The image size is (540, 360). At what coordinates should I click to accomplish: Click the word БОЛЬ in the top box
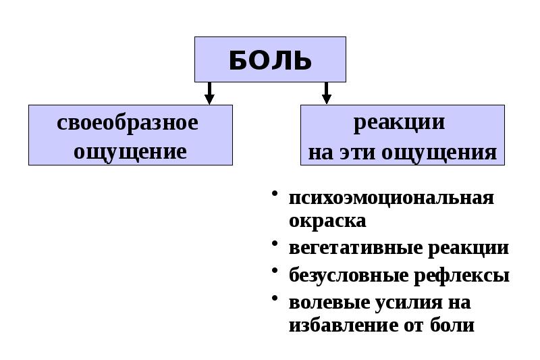click(x=270, y=60)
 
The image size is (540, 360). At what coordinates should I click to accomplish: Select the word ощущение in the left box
click(x=130, y=151)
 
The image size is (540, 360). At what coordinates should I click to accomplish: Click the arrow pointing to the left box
click(x=209, y=93)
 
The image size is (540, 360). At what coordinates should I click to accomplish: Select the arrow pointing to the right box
click(x=326, y=93)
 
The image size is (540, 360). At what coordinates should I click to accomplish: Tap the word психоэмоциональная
click(x=391, y=199)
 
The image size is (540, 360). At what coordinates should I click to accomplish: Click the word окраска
click(x=327, y=221)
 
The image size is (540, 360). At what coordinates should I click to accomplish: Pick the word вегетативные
click(x=355, y=248)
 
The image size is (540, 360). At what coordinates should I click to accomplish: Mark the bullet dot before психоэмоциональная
click(x=275, y=195)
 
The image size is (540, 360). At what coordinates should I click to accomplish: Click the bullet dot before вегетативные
click(x=275, y=244)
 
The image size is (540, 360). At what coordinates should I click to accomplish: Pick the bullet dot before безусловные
click(x=275, y=272)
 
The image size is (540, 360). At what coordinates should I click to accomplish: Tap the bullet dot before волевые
click(x=275, y=298)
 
